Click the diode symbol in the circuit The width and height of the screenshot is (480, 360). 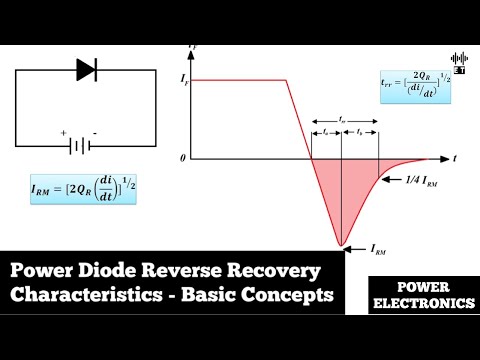click(86, 69)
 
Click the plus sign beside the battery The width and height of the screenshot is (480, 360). click(63, 132)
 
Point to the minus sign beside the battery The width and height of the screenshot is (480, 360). click(94, 132)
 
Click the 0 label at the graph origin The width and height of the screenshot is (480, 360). click(183, 160)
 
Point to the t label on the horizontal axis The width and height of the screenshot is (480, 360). click(454, 159)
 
